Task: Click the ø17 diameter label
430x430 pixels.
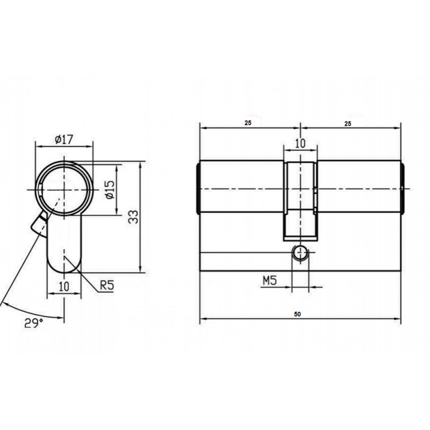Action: pyautogui.click(x=64, y=140)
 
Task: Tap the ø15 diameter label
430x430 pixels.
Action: pyautogui.click(x=110, y=190)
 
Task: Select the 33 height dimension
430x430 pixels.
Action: pyautogui.click(x=133, y=217)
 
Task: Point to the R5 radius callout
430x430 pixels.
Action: pyautogui.click(x=106, y=285)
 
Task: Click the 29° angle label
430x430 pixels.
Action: pyautogui.click(x=34, y=323)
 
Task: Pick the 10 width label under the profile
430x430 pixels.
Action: pyautogui.click(x=64, y=286)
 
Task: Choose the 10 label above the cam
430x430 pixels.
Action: pyautogui.click(x=300, y=143)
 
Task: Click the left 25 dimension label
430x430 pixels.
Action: pyautogui.click(x=248, y=123)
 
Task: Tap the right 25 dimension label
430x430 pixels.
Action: pyautogui.click(x=348, y=124)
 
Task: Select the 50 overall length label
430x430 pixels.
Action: pyautogui.click(x=298, y=314)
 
